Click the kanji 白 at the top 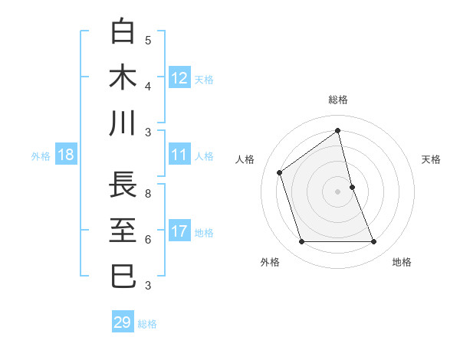(123, 33)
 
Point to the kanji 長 (123, 186)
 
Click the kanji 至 (123, 231)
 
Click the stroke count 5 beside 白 (148, 40)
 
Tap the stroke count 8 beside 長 (148, 194)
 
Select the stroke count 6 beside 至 (148, 239)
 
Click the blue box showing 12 (179, 78)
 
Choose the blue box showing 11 (179, 155)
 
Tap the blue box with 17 (179, 231)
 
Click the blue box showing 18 (66, 155)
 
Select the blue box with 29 (123, 322)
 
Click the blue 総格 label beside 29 (148, 324)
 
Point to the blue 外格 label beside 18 (41, 156)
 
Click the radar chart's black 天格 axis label (432, 159)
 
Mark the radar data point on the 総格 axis (337, 131)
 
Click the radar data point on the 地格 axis (374, 242)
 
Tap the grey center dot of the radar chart (337, 191)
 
